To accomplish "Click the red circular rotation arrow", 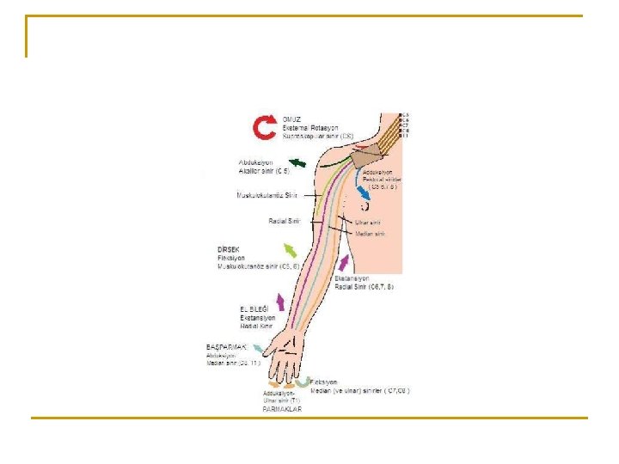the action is coord(264,127).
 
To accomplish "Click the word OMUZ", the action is coord(293,119).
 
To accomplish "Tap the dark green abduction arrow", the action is coord(297,163).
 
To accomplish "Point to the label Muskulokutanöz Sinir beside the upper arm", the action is coord(267,195).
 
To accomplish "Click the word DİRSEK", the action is coord(230,249).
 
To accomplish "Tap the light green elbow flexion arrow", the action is coord(291,251).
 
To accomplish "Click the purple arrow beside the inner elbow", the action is coord(345,262).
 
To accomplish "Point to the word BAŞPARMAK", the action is coord(226,346).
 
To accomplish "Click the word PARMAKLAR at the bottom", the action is coord(282,409).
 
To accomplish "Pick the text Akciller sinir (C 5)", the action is coord(265,171).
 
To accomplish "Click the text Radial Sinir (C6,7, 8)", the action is coord(364,286).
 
